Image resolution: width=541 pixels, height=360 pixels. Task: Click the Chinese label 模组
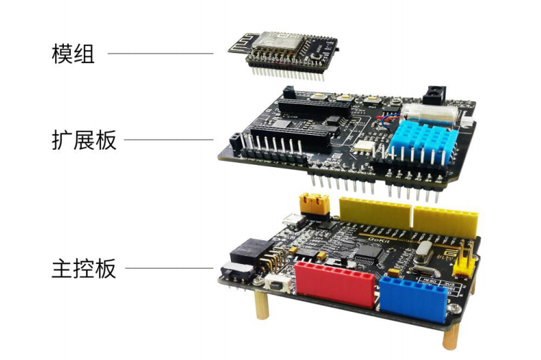coord(73,53)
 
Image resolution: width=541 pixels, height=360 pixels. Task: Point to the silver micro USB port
coord(293,220)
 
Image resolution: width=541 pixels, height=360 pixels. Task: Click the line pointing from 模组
coord(161,53)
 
